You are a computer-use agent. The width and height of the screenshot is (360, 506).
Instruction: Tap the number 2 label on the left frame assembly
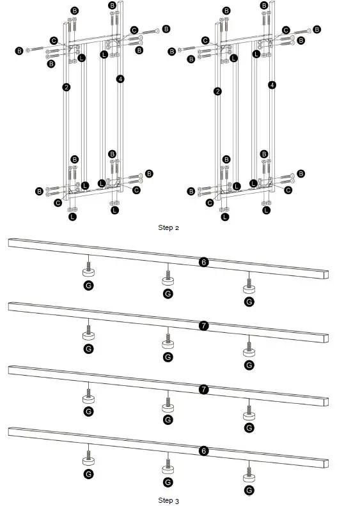tap(67, 87)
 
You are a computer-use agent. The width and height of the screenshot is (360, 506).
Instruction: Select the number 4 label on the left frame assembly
tap(120, 79)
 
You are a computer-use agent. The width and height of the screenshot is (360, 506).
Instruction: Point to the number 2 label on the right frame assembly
tap(218, 91)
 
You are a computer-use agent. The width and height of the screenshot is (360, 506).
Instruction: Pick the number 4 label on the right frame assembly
tap(272, 84)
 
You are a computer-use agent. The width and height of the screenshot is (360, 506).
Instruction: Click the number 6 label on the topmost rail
tap(203, 262)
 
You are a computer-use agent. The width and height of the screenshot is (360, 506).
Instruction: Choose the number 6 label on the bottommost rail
tap(203, 451)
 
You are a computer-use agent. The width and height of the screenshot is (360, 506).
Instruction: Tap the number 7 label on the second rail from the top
tap(203, 326)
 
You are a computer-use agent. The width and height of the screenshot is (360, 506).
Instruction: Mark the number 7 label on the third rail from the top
tap(203, 388)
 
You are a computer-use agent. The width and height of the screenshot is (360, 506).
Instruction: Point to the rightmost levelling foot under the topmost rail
tap(248, 286)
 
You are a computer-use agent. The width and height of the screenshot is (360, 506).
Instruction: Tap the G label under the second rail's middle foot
tap(168, 356)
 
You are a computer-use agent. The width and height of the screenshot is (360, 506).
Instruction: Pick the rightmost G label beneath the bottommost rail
tap(248, 491)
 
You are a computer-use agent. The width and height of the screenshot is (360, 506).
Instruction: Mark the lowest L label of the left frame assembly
tap(72, 217)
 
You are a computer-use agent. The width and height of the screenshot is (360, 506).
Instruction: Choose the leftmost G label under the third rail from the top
tap(88, 411)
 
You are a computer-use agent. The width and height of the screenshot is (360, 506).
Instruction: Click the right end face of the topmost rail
tap(328, 275)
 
